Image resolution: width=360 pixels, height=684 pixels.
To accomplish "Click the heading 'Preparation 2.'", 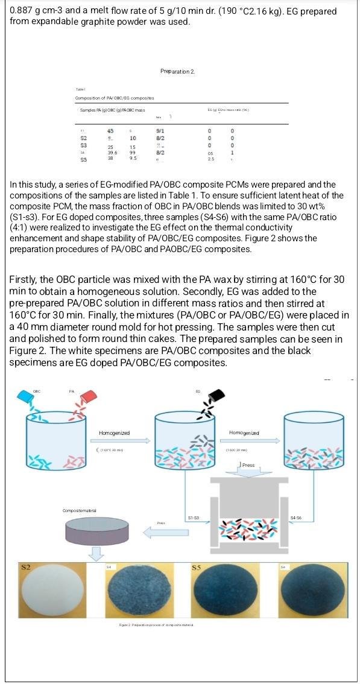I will pos(177,71).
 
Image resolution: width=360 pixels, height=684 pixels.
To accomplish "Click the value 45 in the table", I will pos(110,130).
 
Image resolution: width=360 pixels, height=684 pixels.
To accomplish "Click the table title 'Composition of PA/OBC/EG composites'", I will pos(115,98).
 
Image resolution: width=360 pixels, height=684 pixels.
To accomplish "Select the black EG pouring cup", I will pos(215,396).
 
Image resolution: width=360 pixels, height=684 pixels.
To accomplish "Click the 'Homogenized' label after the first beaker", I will pos(114,433).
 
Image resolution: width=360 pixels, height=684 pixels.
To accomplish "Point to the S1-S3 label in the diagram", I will pos(194,518).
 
